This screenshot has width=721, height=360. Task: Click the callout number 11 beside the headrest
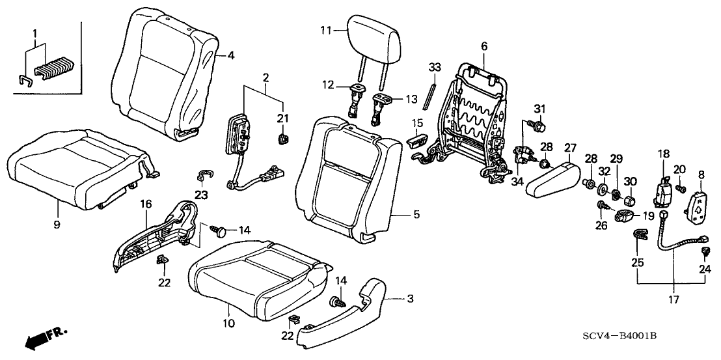[326, 29]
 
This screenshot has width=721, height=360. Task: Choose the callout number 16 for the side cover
[146, 204]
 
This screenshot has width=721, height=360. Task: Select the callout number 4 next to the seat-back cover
[231, 56]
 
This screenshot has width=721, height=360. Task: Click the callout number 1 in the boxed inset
[36, 33]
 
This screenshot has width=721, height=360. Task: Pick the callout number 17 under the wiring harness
[672, 300]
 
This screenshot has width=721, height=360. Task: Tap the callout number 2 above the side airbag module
[266, 78]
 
